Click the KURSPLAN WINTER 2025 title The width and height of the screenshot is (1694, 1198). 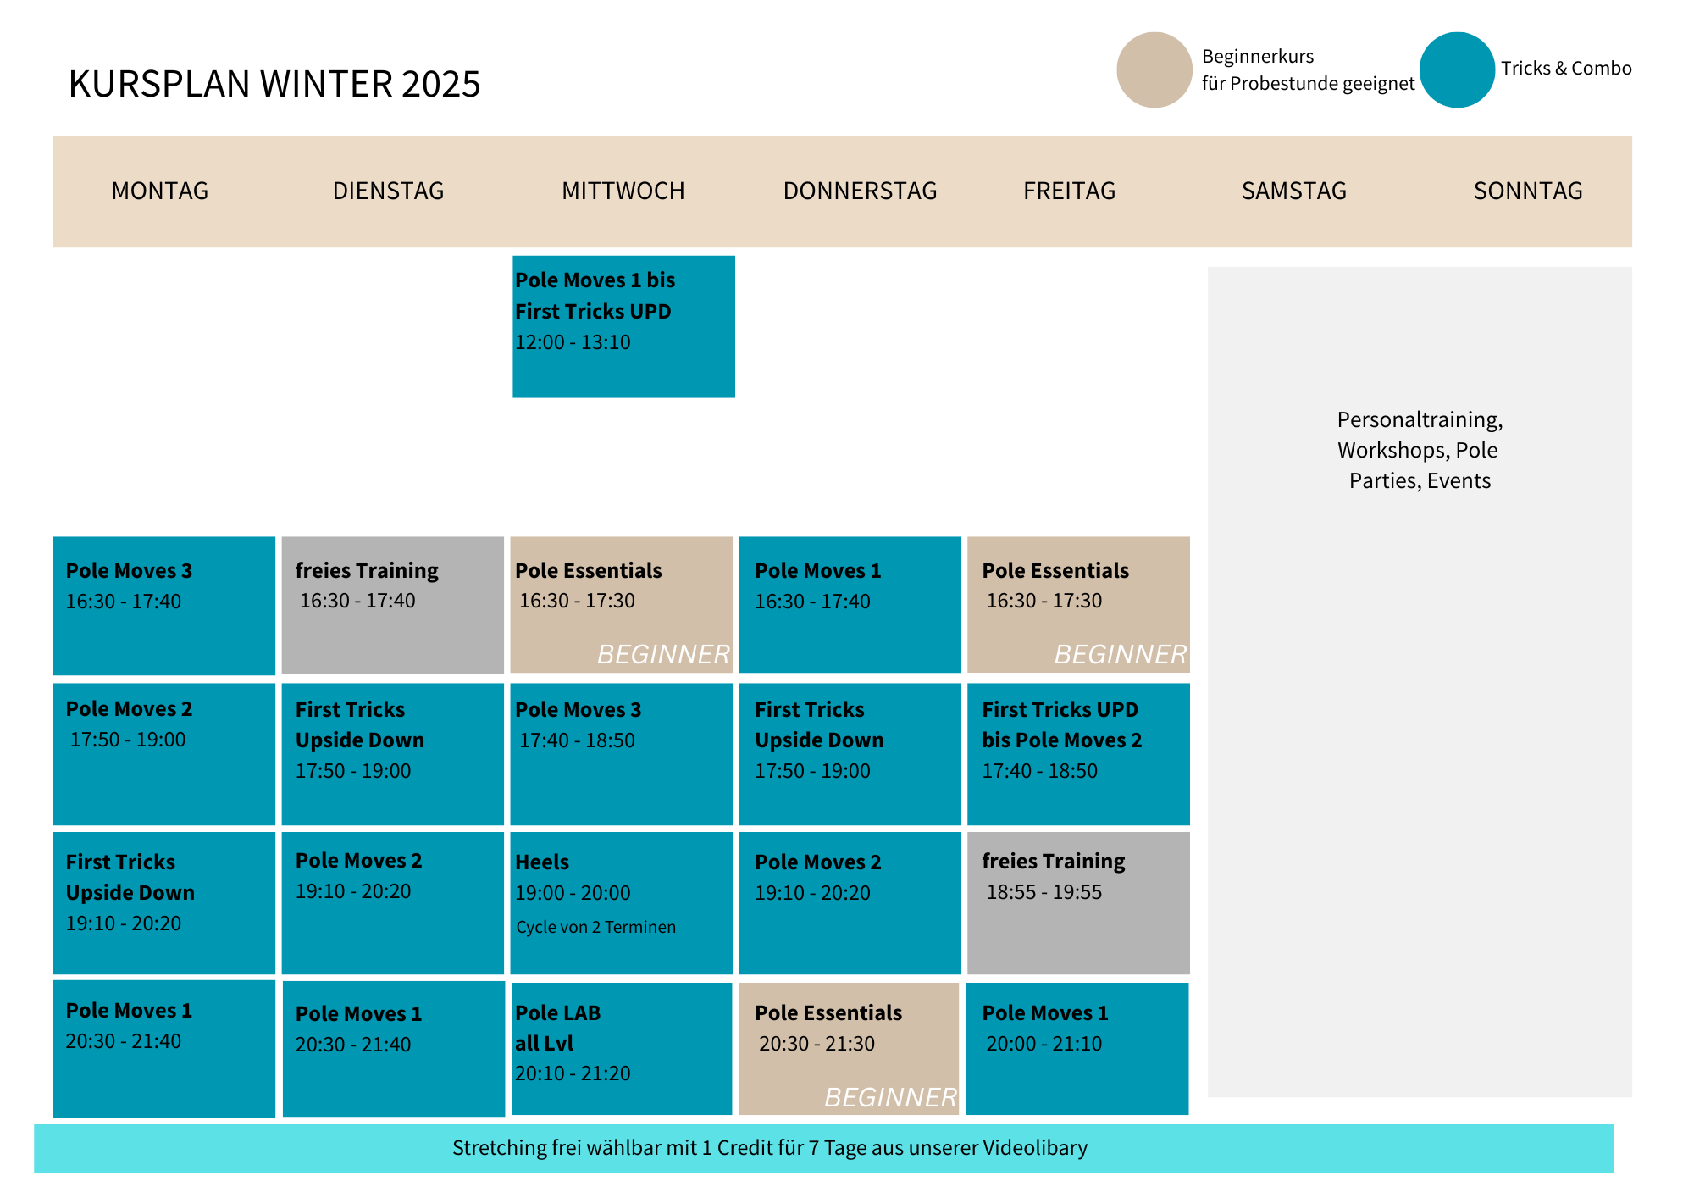pyautogui.click(x=274, y=84)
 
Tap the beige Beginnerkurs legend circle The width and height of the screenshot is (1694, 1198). pyautogui.click(x=1154, y=69)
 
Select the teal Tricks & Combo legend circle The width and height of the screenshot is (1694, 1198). pyautogui.click(x=1457, y=69)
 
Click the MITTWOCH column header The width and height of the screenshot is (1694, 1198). pyautogui.click(x=623, y=191)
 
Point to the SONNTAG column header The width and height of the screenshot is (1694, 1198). pyautogui.click(x=1528, y=191)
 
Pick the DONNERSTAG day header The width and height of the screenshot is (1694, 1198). pyautogui.click(x=860, y=191)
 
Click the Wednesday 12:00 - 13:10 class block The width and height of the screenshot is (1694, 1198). pyautogui.click(x=623, y=326)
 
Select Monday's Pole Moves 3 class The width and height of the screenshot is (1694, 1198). pyautogui.click(x=164, y=606)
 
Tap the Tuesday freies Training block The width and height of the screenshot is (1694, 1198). pyautogui.click(x=393, y=605)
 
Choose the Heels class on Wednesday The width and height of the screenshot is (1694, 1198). pyautogui.click(x=621, y=903)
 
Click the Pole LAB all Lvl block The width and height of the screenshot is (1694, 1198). pyautogui.click(x=622, y=1049)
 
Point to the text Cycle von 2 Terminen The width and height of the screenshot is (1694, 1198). pyautogui.click(x=596, y=927)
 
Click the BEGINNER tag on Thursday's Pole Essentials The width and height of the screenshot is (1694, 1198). pyautogui.click(x=890, y=1097)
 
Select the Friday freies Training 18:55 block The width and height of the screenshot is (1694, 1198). pyautogui.click(x=1078, y=903)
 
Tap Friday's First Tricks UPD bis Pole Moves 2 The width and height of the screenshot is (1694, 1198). pyautogui.click(x=1078, y=754)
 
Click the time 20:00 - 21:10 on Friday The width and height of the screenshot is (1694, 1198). pyautogui.click(x=1044, y=1044)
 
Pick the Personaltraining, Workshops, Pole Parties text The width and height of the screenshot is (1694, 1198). pyautogui.click(x=1420, y=450)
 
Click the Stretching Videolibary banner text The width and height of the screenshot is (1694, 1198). pyautogui.click(x=770, y=1148)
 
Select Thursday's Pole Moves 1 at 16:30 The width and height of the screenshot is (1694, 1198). pyautogui.click(x=850, y=605)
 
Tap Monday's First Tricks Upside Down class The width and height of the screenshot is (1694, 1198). pyautogui.click(x=164, y=903)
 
